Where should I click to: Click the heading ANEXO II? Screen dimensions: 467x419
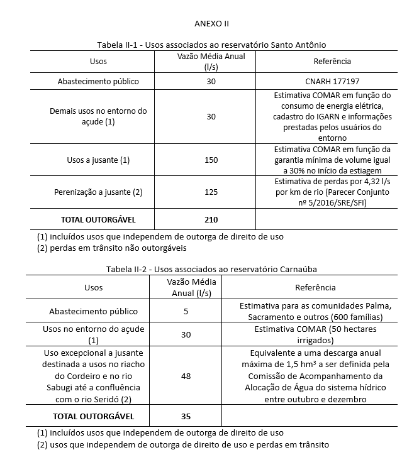(211, 23)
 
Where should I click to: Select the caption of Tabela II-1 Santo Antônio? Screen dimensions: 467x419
(211, 45)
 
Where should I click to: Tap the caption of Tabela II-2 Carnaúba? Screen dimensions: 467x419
(211, 269)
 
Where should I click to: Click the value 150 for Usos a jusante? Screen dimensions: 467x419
(211, 160)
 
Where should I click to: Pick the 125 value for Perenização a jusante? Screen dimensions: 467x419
(211, 192)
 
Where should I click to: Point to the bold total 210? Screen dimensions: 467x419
(211, 219)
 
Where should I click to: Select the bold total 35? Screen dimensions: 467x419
(186, 416)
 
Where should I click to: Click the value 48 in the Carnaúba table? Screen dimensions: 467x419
(186, 375)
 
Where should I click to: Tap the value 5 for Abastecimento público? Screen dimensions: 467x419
(186, 311)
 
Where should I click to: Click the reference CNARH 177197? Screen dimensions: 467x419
(332, 81)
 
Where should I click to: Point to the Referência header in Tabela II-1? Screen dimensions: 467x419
(332, 62)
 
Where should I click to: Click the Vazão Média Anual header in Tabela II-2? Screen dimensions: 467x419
(186, 287)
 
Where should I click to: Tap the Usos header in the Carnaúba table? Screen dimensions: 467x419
(93, 287)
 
